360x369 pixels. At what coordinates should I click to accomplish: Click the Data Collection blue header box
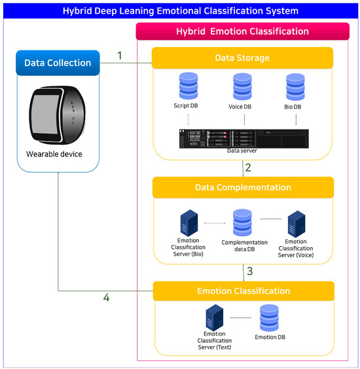click(58, 63)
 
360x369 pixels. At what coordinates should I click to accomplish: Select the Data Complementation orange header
click(243, 187)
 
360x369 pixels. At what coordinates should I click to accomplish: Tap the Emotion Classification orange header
click(243, 290)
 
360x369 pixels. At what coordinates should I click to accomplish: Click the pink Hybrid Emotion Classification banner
click(243, 31)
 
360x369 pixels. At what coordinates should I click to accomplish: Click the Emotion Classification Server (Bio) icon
click(189, 224)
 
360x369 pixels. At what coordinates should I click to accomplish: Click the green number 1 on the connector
click(120, 56)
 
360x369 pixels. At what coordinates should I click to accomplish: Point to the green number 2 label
click(248, 167)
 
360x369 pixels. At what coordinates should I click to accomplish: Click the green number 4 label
click(106, 298)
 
